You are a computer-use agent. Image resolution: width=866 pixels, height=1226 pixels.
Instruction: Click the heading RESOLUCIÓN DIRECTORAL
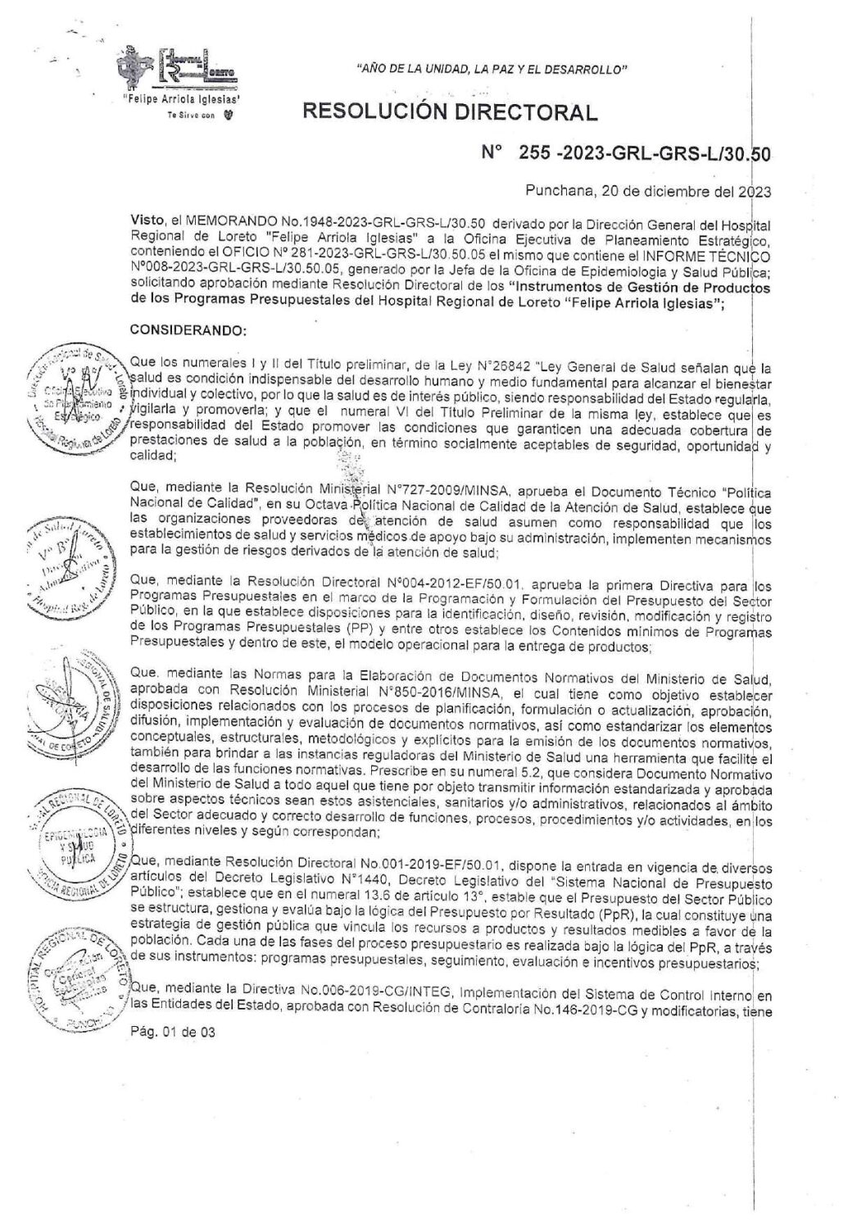point(450,112)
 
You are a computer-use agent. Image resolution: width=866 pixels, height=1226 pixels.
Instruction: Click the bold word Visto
point(146,221)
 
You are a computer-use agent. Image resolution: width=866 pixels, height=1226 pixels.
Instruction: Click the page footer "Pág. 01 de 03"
point(172,1033)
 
